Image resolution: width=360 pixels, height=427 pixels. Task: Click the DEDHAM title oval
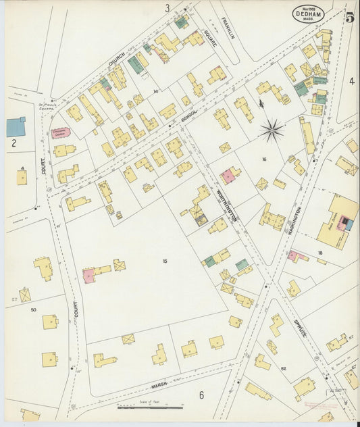pos(309,13)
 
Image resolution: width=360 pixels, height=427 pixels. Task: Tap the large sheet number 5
pos(349,17)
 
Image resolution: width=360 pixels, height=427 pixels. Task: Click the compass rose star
pos(272,130)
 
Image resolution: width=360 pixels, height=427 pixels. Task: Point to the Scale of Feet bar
pos(150,407)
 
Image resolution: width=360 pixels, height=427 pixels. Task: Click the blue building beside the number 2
pos(16,126)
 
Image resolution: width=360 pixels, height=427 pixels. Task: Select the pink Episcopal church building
pos(60,133)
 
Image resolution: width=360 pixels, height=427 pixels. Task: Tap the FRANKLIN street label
pos(226,28)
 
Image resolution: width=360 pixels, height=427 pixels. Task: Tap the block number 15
pos(164,260)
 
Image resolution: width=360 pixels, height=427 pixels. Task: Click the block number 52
pos(283,368)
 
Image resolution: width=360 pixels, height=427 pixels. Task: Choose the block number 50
pos(33,309)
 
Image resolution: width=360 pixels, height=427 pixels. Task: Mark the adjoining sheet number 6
pos(201,395)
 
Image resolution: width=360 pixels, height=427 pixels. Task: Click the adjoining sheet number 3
pos(167,8)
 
